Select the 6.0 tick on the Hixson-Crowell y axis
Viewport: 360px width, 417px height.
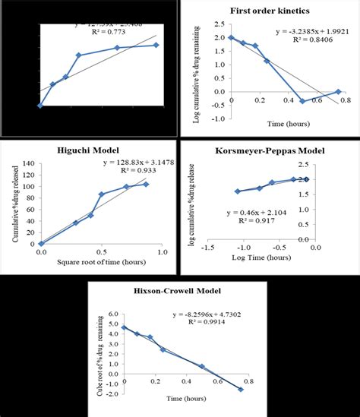112,313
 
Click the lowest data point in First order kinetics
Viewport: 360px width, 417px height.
302,101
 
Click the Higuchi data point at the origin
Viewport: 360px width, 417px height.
41,244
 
